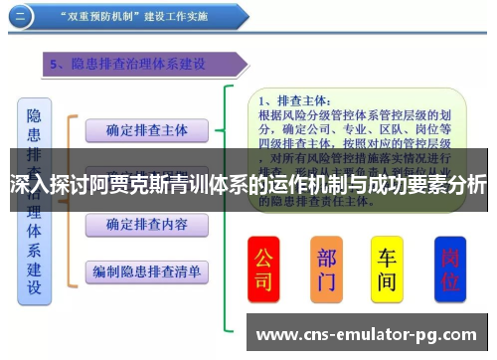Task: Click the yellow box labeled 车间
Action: point(388,270)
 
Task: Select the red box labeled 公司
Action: point(262,270)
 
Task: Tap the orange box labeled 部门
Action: point(327,270)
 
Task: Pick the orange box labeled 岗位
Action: point(450,270)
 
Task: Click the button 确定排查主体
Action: point(145,129)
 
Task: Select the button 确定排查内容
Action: point(145,224)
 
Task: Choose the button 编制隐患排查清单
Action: point(145,270)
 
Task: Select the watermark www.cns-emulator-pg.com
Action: point(368,334)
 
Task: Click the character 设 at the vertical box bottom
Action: point(34,288)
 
